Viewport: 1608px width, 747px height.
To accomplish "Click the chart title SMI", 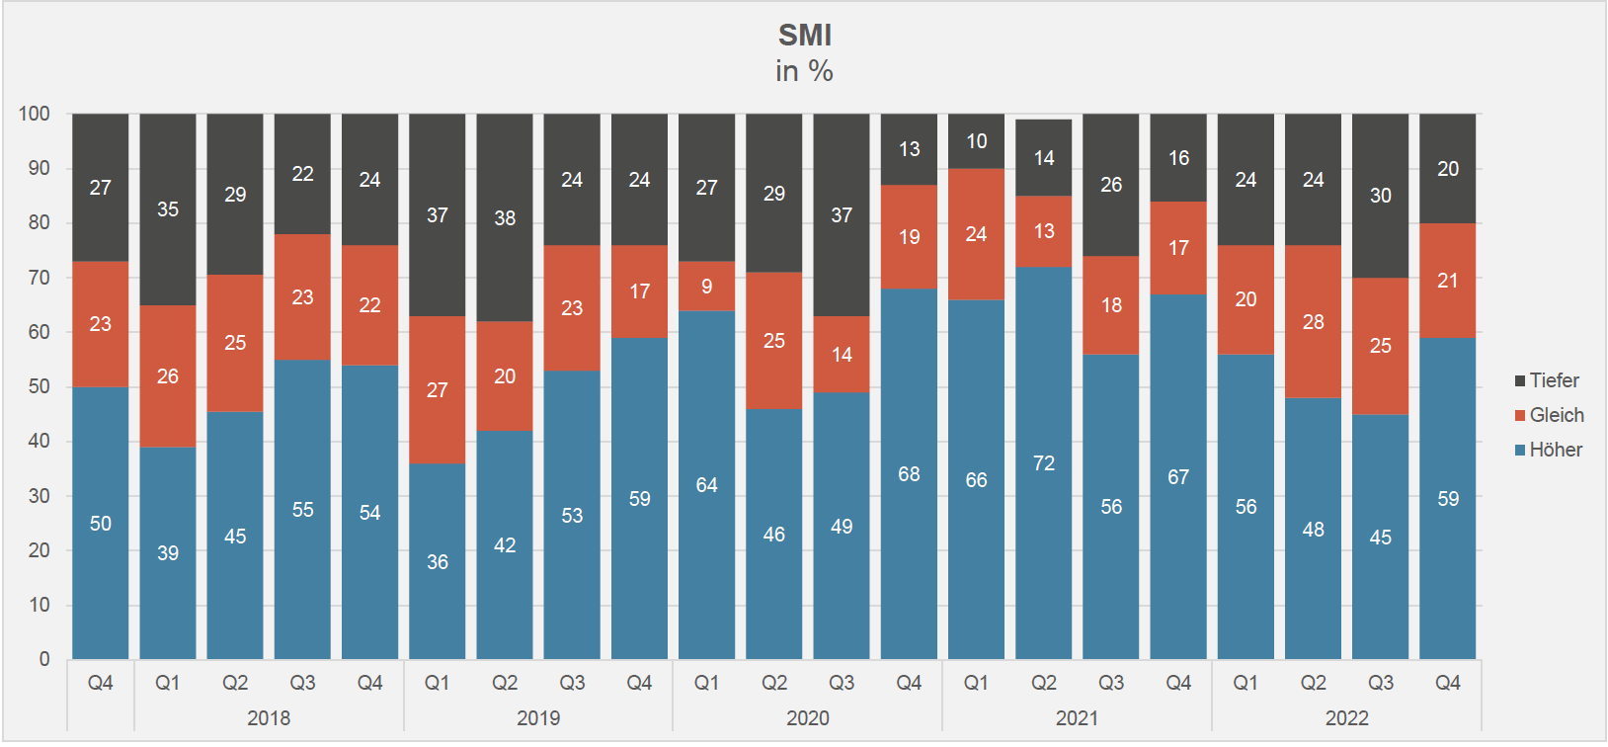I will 804,36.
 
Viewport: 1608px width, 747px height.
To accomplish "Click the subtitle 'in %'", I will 804,71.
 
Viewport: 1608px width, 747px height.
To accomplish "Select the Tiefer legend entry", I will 1554,380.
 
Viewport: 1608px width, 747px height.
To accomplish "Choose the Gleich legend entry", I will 1556,415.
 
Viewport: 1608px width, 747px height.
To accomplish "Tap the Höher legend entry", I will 1556,450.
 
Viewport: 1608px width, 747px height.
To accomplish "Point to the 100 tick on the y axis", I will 35,114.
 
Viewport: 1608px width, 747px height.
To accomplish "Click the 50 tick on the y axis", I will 39,386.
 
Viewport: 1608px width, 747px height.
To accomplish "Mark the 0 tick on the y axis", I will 43,659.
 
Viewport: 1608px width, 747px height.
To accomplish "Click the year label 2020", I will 807,718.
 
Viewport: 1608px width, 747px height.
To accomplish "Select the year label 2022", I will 1346,718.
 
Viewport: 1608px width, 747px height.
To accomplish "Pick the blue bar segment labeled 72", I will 1044,462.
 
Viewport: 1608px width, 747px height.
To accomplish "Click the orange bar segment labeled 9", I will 706,287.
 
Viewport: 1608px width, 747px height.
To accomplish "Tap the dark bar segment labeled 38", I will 505,217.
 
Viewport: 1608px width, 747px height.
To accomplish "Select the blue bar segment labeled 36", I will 438,561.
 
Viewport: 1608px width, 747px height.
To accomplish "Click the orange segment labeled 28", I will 1313,322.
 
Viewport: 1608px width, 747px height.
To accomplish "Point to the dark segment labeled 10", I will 976,141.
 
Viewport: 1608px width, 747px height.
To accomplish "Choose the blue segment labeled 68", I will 909,474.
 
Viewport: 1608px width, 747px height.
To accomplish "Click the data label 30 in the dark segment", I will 1380,196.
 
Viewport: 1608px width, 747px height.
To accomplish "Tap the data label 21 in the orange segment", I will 1447,281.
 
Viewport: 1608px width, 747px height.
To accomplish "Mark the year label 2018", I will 269,718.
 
